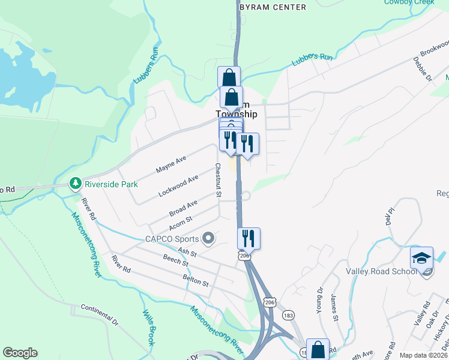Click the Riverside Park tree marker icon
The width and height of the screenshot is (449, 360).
click(x=75, y=183)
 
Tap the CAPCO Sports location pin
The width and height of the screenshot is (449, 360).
click(x=208, y=239)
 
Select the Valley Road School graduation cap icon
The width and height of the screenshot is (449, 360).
click(x=421, y=258)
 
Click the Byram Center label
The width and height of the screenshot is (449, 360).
click(x=273, y=7)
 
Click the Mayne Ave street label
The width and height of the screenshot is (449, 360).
click(x=171, y=165)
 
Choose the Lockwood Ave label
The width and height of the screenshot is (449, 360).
click(x=178, y=187)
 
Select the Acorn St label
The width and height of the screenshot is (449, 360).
click(x=179, y=223)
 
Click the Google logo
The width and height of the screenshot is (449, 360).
click(x=20, y=353)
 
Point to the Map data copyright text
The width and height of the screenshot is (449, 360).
click(x=423, y=355)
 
